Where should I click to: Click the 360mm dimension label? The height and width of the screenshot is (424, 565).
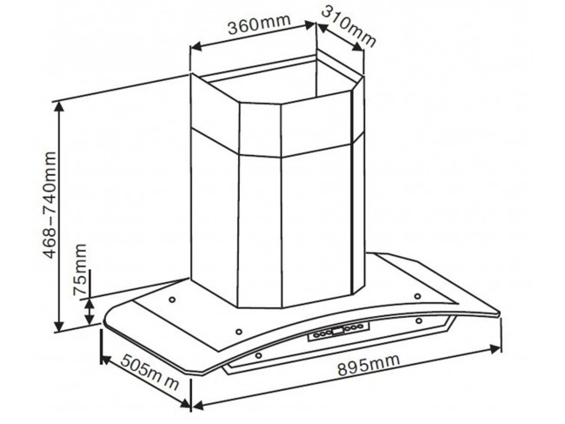pyautogui.click(x=259, y=24)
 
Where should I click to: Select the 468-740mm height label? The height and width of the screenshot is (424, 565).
pyautogui.click(x=50, y=205)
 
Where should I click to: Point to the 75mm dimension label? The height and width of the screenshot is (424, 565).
pyautogui.click(x=80, y=269)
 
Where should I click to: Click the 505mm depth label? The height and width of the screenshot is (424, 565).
pyautogui.click(x=150, y=372)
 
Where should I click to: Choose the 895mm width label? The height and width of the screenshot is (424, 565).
pyautogui.click(x=369, y=364)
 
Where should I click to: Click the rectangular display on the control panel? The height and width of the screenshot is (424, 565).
pyautogui.click(x=338, y=331)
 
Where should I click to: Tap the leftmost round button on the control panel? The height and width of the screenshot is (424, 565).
pyautogui.click(x=316, y=335)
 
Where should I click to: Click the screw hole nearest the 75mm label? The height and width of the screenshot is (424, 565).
pyautogui.click(x=172, y=299)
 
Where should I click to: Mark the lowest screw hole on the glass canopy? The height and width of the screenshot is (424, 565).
pyautogui.click(x=258, y=356)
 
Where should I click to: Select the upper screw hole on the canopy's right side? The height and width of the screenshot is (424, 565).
pyautogui.click(x=417, y=297)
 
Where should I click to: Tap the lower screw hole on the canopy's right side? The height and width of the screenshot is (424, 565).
pyautogui.click(x=418, y=320)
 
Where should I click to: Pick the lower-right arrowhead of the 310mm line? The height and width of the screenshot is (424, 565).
pyautogui.click(x=358, y=46)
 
